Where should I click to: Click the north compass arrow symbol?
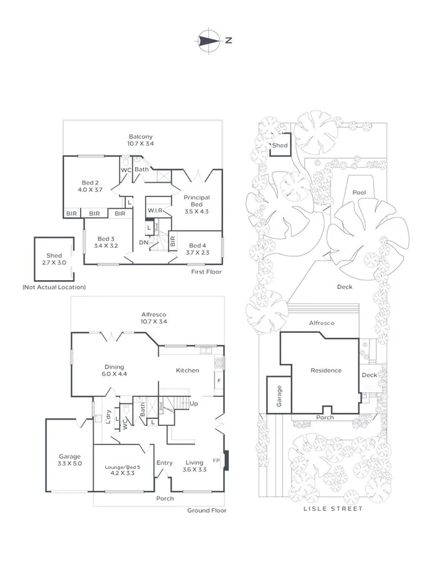pyautogui.click(x=209, y=40)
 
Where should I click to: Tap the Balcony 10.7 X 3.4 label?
pyautogui.click(x=141, y=140)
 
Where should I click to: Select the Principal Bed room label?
pyautogui.click(x=197, y=201)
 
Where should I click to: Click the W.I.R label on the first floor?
pyautogui.click(x=154, y=210)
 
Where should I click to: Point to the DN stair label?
pyautogui.click(x=144, y=242)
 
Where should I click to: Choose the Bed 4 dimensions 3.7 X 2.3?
pyautogui.click(x=197, y=252)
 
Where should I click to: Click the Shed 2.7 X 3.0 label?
pyautogui.click(x=54, y=259)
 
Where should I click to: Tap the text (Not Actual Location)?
pyautogui.click(x=54, y=287)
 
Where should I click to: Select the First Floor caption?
pyautogui.click(x=206, y=272)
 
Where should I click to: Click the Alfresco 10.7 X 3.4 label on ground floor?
pyautogui.click(x=154, y=318)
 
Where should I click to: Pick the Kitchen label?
pyautogui.click(x=188, y=370)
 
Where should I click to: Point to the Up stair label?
pyautogui.click(x=193, y=404)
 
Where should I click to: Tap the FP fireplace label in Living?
pyautogui.click(x=216, y=461)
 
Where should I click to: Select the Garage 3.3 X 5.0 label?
pyautogui.click(x=70, y=460)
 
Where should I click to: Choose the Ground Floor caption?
pyautogui.click(x=207, y=511)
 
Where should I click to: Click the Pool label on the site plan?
pyautogui.click(x=359, y=193)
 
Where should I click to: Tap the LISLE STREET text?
pyautogui.click(x=333, y=508)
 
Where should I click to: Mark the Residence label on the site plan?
pyautogui.click(x=326, y=370)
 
